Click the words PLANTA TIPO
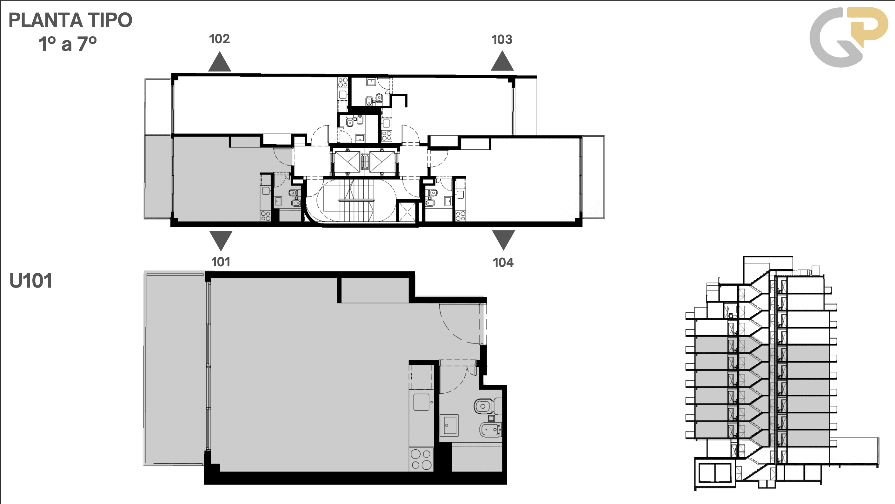click(x=70, y=20)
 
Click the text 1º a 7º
click(x=68, y=44)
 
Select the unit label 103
click(x=502, y=40)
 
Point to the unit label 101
click(x=221, y=262)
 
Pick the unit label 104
click(x=503, y=262)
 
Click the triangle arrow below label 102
click(x=220, y=62)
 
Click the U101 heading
click(x=31, y=281)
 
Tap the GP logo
click(x=848, y=37)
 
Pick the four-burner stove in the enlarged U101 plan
click(x=421, y=460)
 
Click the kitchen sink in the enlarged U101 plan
click(x=421, y=402)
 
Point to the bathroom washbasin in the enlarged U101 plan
click(x=449, y=425)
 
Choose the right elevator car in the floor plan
click(x=382, y=162)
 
